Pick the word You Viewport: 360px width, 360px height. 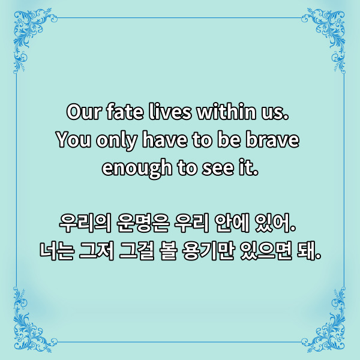point(71,140)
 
